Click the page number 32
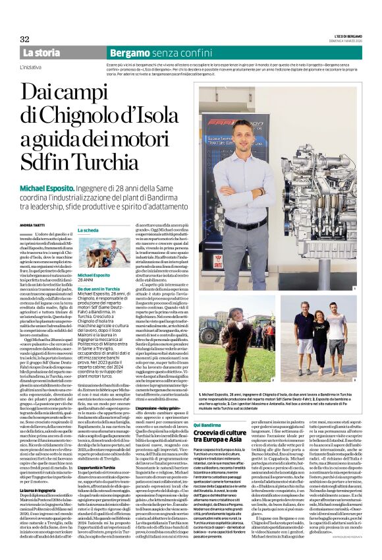click(x=25, y=39)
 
